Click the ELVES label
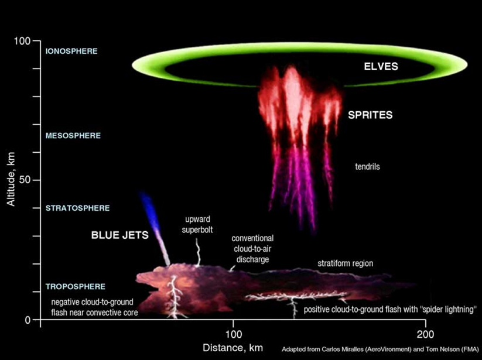381,66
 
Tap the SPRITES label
370,115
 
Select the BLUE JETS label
120,235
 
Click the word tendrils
367,166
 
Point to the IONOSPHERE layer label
71,51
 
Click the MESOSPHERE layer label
73,135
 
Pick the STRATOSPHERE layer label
77,208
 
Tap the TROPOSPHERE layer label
76,287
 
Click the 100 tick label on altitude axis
22,40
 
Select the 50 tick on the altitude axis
25,180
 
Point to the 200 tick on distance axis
425,334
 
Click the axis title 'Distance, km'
233,348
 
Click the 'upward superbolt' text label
197,225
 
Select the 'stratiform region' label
345,263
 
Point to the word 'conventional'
252,238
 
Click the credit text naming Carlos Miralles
380,349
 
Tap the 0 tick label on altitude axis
28,320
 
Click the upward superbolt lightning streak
198,252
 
